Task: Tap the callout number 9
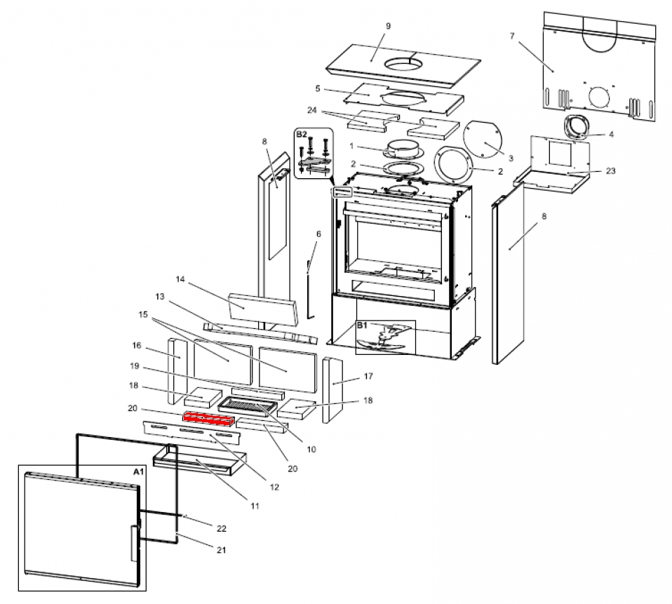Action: tap(388, 26)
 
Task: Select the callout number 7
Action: tap(523, 34)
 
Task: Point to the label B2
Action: tap(301, 133)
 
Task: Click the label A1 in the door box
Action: tap(138, 472)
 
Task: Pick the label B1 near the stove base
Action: tap(362, 326)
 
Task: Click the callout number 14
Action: tap(180, 279)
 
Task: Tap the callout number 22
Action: tap(222, 527)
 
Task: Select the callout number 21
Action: tap(222, 550)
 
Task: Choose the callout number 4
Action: tap(611, 135)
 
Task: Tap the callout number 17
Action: tap(368, 377)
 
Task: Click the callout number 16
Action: tap(136, 345)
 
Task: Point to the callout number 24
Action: tap(312, 110)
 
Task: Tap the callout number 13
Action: tap(160, 296)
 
